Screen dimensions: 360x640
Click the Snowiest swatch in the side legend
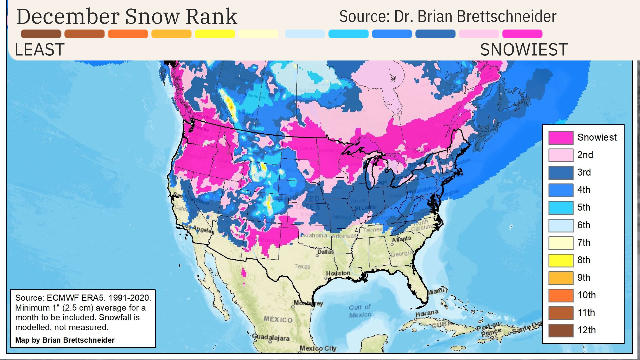point(561,138)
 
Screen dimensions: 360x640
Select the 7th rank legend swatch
point(561,243)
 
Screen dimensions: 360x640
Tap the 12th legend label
point(586,330)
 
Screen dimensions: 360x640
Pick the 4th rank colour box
point(561,190)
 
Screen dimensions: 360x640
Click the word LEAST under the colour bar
point(39,50)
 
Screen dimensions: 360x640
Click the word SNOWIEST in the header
point(523,50)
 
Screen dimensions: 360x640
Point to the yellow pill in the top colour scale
point(215,34)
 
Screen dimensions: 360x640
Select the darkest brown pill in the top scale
point(41,34)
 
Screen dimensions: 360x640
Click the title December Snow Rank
point(127,17)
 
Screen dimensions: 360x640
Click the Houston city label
point(338,273)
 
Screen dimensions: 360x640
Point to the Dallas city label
point(325,252)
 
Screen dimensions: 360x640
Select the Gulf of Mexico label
point(360,311)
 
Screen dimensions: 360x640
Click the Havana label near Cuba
point(427,313)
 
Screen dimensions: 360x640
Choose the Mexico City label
point(318,348)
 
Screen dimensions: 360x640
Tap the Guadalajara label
point(271,337)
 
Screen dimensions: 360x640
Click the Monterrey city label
point(308,303)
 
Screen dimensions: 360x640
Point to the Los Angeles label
point(199,229)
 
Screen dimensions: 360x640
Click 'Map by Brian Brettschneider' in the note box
point(65,340)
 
